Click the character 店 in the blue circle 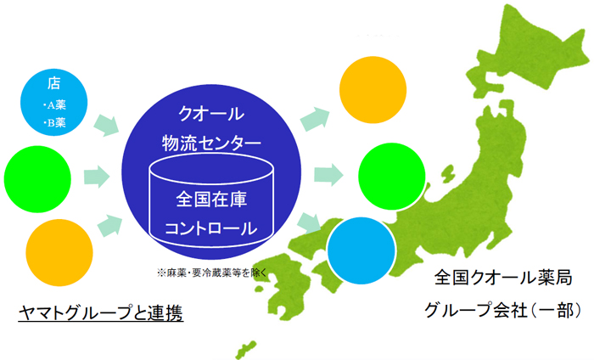coord(53,83)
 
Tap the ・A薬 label coord(54,105)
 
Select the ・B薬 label coord(54,122)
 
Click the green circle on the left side coord(37,179)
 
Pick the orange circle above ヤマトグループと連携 coord(59,252)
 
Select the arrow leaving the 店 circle coord(106,125)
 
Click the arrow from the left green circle coord(97,177)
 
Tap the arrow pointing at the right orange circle coord(315,119)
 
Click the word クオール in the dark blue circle coord(211,114)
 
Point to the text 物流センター coord(211,143)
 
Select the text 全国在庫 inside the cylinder coord(211,200)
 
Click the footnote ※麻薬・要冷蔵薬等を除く coord(212,273)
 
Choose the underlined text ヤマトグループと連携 coord(101,313)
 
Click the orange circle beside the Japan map coord(373,90)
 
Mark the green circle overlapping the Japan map coord(392,177)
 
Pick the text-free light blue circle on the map coord(361,250)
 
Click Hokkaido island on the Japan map coord(530,49)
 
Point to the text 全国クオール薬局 coord(503,278)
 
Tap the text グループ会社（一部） coord(502,311)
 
